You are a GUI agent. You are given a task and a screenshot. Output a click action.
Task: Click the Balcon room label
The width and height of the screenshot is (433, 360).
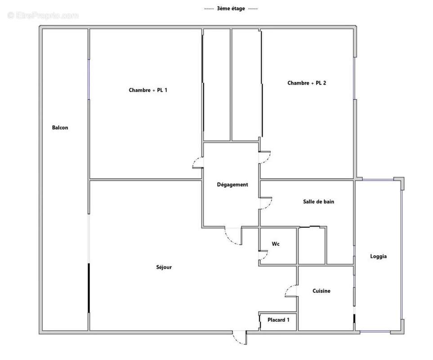pos(60,128)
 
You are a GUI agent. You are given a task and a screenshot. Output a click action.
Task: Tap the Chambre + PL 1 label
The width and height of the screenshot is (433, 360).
pos(148,90)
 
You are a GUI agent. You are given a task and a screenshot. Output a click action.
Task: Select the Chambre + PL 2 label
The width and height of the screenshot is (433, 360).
pos(307,83)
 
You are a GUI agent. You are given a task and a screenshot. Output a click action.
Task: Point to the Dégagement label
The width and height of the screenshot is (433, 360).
pos(232,185)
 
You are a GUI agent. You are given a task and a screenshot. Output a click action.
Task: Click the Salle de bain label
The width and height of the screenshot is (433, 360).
pos(318,202)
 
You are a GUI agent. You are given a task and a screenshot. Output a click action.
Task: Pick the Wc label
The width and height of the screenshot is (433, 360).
pos(276,244)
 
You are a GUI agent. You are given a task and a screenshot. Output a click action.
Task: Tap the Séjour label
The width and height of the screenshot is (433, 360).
pos(164,267)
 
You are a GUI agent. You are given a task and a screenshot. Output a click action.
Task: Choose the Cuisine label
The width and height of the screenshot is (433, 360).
pos(321,291)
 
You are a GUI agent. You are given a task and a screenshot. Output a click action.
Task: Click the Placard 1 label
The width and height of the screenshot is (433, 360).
pos(278,320)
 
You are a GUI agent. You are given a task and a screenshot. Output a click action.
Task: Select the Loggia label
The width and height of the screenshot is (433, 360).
pos(378,256)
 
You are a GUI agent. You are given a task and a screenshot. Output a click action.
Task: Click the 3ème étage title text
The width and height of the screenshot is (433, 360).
pos(231,9)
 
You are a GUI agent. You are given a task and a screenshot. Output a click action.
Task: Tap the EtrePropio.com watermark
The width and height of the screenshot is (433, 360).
pos(43,15)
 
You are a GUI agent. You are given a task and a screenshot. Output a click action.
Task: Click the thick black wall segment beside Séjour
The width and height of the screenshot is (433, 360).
pos(89,288)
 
